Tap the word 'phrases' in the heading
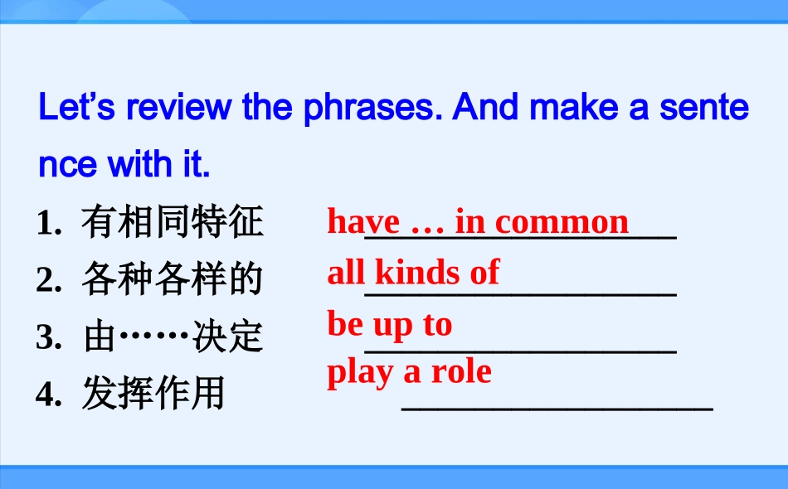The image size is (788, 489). click(x=369, y=108)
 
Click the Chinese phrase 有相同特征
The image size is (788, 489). click(x=173, y=223)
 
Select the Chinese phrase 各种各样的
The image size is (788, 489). click(x=173, y=280)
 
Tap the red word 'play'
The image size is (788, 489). click(x=361, y=373)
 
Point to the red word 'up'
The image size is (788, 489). click(x=393, y=325)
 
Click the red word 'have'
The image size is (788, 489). click(x=363, y=222)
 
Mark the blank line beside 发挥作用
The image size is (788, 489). click(x=557, y=409)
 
